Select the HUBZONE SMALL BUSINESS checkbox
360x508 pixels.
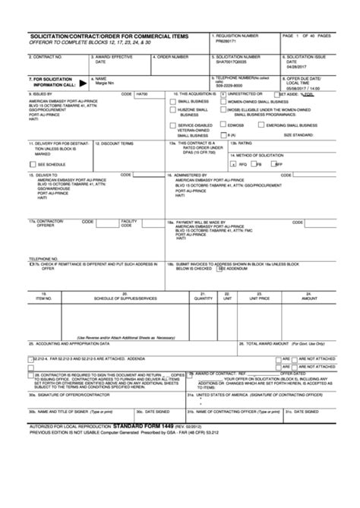[172, 109]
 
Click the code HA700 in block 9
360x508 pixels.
[142, 94]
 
